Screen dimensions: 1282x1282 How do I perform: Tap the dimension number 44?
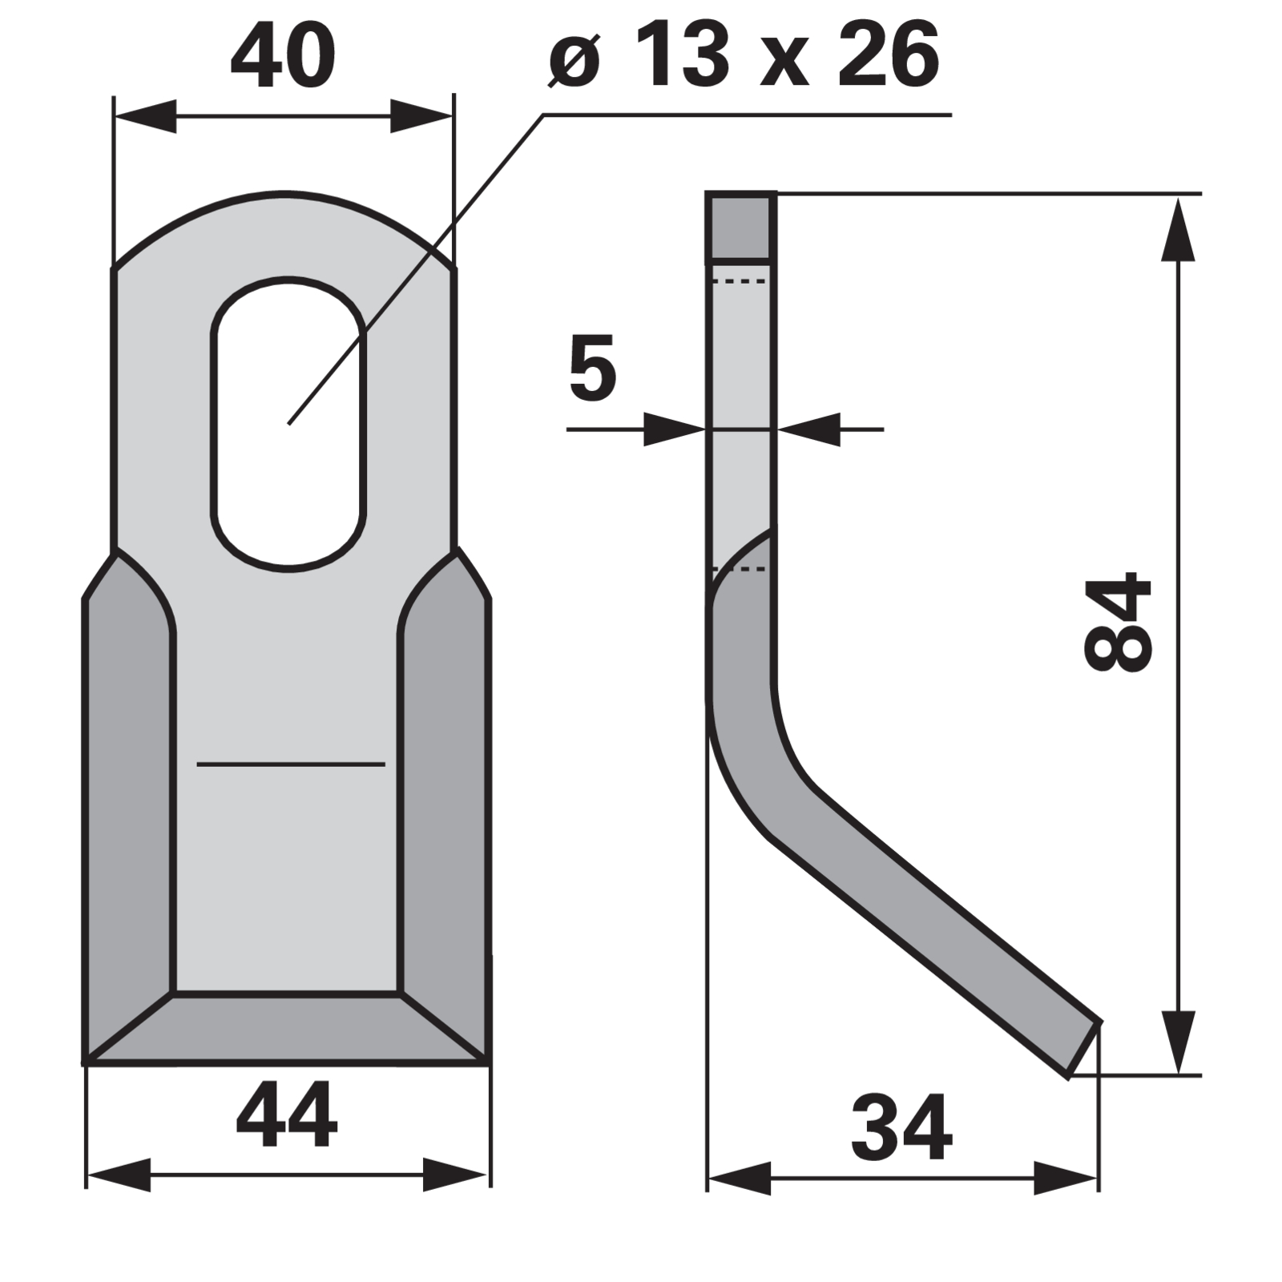click(287, 1115)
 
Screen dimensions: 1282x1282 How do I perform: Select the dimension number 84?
click(1117, 621)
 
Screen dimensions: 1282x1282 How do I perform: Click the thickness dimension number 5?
click(593, 368)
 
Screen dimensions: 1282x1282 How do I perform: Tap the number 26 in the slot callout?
click(889, 56)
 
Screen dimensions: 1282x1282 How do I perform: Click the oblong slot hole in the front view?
click(288, 424)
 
